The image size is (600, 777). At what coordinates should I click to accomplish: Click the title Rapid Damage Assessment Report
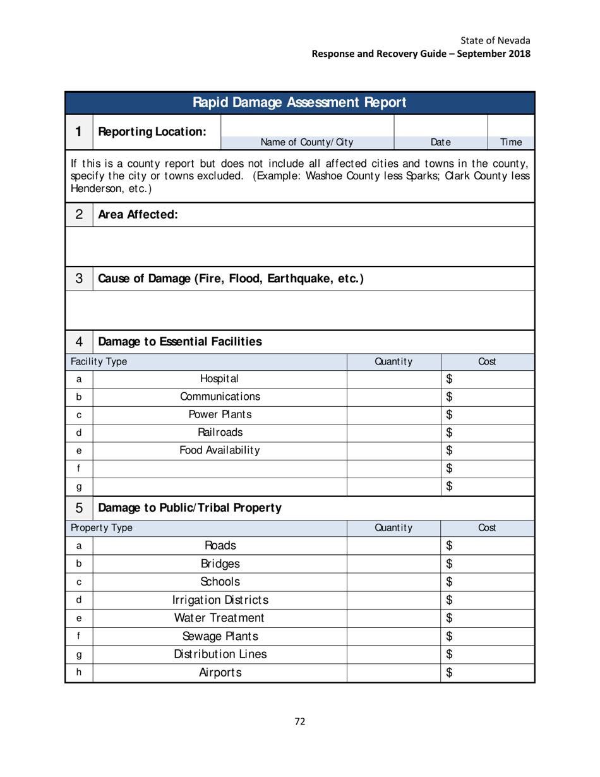tap(300, 102)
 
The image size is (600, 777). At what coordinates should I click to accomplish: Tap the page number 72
tap(300, 723)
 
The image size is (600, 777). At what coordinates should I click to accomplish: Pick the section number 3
tap(79, 277)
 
